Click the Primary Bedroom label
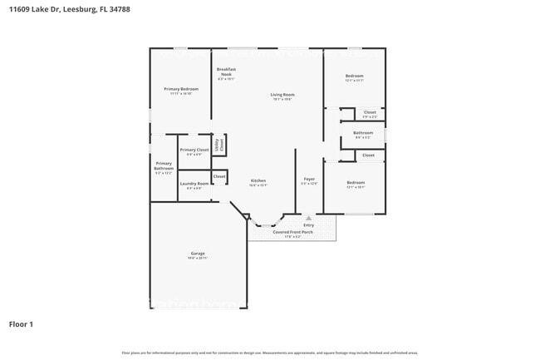pos(180,89)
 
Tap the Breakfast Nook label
pos(226,72)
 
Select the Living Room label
pos(282,95)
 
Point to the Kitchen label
pos(258,180)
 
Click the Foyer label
pos(308,179)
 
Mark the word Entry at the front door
pos(308,224)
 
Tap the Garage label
pos(198,254)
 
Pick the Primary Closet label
pos(194,150)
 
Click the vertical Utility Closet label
pos(219,144)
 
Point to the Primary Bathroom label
pos(164,165)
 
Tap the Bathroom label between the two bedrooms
pos(363,133)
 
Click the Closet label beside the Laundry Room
pos(219,176)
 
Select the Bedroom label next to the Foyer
pos(355,182)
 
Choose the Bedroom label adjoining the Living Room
pos(354,76)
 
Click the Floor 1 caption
pos(21,323)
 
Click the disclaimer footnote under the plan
pos(270,353)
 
